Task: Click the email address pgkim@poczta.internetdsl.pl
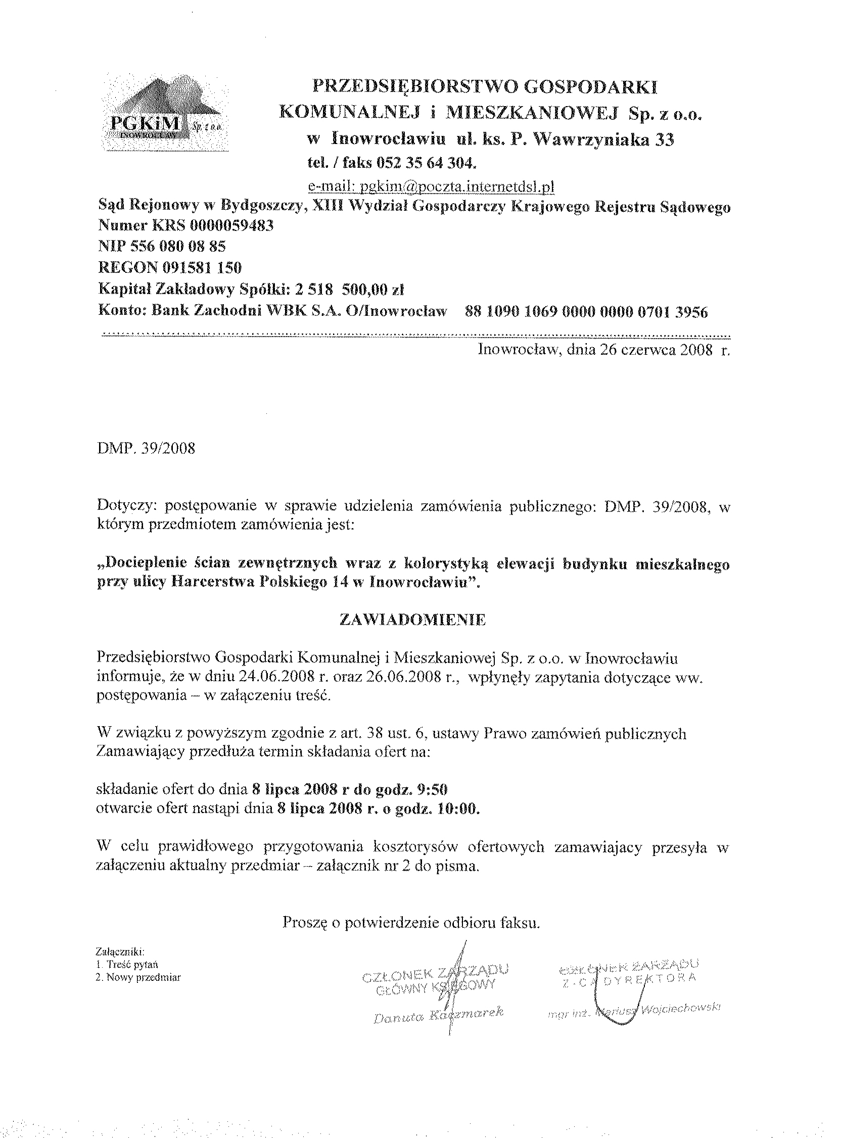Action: click(x=431, y=187)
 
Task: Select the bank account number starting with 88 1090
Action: click(x=586, y=311)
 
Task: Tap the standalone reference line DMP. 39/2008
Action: click(x=146, y=448)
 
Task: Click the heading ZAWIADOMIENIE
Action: click(x=412, y=620)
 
